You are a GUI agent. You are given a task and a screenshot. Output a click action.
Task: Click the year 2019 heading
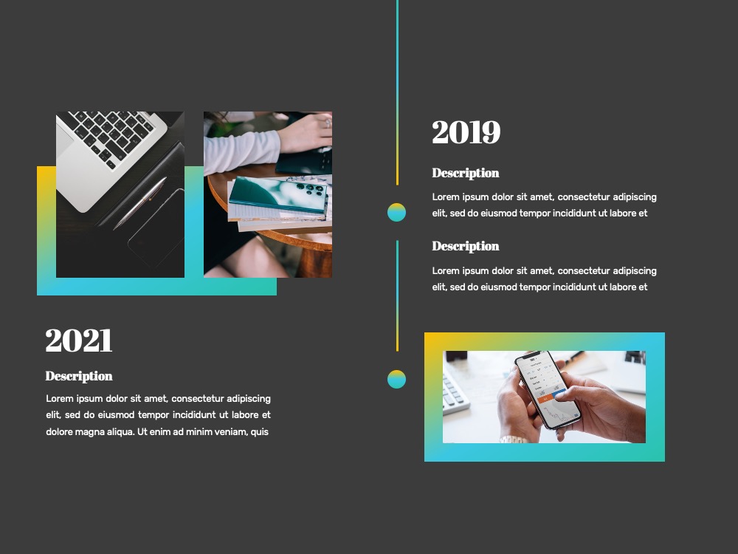point(466,132)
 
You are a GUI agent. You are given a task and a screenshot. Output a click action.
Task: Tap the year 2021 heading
point(79,340)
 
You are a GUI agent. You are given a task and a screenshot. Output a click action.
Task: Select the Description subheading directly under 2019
point(466,174)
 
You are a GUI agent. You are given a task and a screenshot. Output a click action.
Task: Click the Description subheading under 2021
point(79,376)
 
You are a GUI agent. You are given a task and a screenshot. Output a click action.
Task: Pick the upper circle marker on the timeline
point(397,213)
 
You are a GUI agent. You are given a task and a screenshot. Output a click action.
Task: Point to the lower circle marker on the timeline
point(397,379)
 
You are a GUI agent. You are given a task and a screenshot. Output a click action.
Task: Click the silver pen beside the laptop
point(140,203)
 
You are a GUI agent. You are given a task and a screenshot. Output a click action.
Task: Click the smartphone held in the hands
point(548,389)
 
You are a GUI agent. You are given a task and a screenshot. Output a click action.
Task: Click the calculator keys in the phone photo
point(454,392)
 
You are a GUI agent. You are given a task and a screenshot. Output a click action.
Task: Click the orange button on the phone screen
point(546,399)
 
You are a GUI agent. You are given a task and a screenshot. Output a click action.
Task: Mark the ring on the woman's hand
point(328,123)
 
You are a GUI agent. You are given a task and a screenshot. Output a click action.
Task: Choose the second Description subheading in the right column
point(466,247)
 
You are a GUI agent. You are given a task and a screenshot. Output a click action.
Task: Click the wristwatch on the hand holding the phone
point(513,440)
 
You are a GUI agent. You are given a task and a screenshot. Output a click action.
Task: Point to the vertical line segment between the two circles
point(397,296)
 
